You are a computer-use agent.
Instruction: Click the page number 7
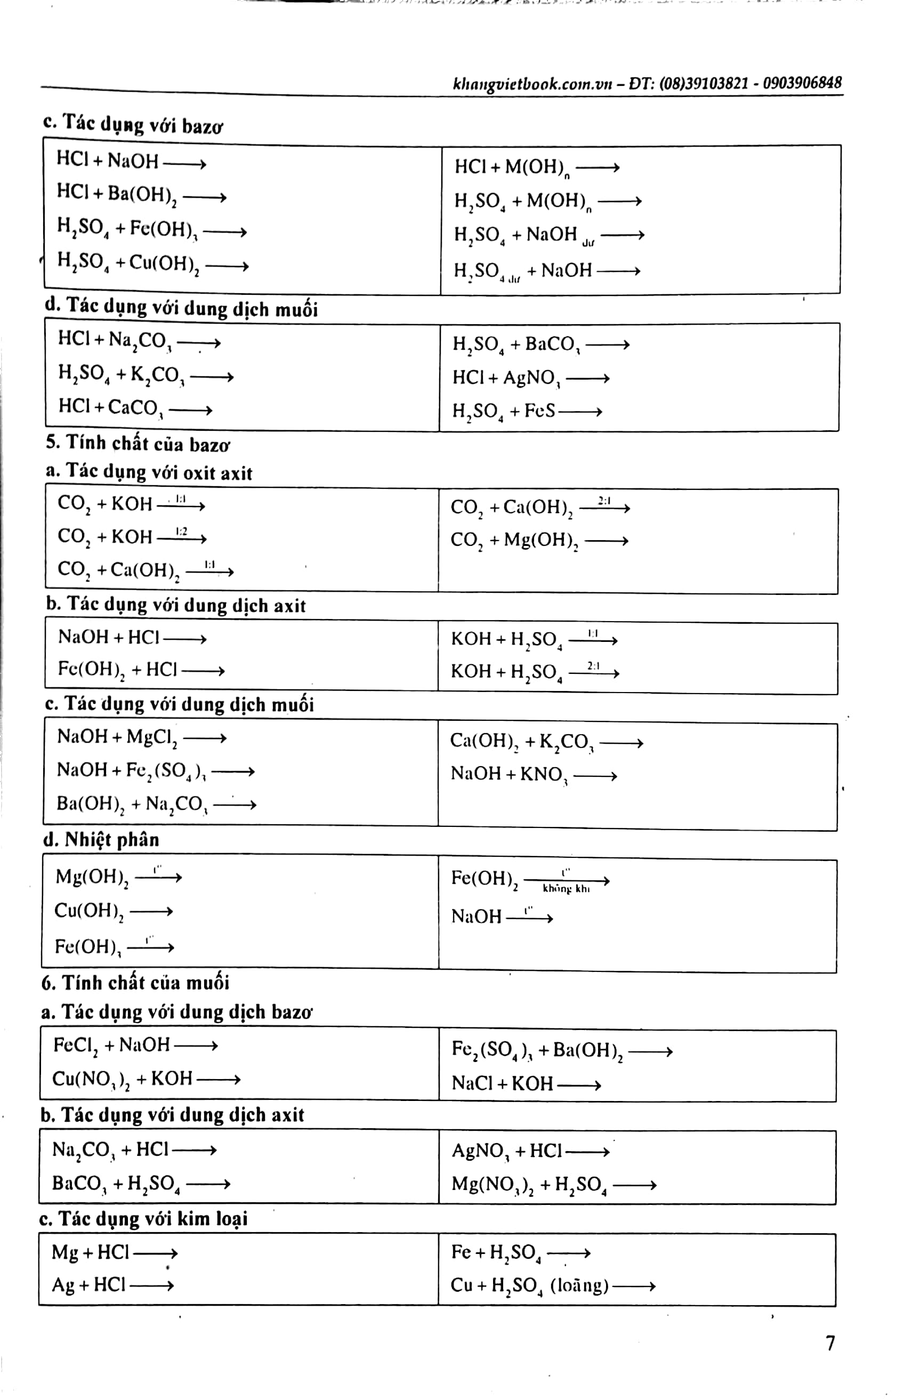(830, 1343)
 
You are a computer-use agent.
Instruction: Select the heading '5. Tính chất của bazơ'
(138, 444)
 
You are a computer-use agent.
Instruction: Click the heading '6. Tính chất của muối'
(135, 983)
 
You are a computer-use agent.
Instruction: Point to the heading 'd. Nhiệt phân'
(101, 840)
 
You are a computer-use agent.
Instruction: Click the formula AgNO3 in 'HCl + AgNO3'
(532, 379)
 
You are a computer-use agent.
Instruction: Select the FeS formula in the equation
(539, 411)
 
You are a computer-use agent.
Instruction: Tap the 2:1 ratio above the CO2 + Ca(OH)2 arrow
(604, 501)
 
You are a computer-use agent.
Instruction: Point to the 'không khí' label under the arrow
(566, 889)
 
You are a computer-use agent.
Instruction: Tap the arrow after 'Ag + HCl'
(152, 1285)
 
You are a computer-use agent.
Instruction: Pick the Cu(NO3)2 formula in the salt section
(91, 1079)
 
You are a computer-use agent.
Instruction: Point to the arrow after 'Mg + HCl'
(156, 1253)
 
